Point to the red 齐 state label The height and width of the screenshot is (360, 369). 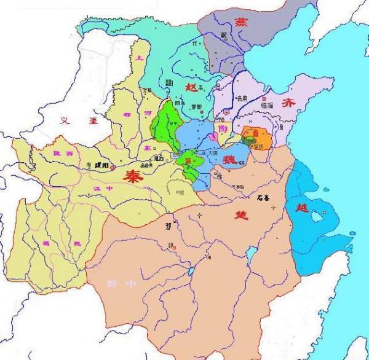coord(287,104)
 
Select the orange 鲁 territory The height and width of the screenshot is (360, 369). coord(253,136)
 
